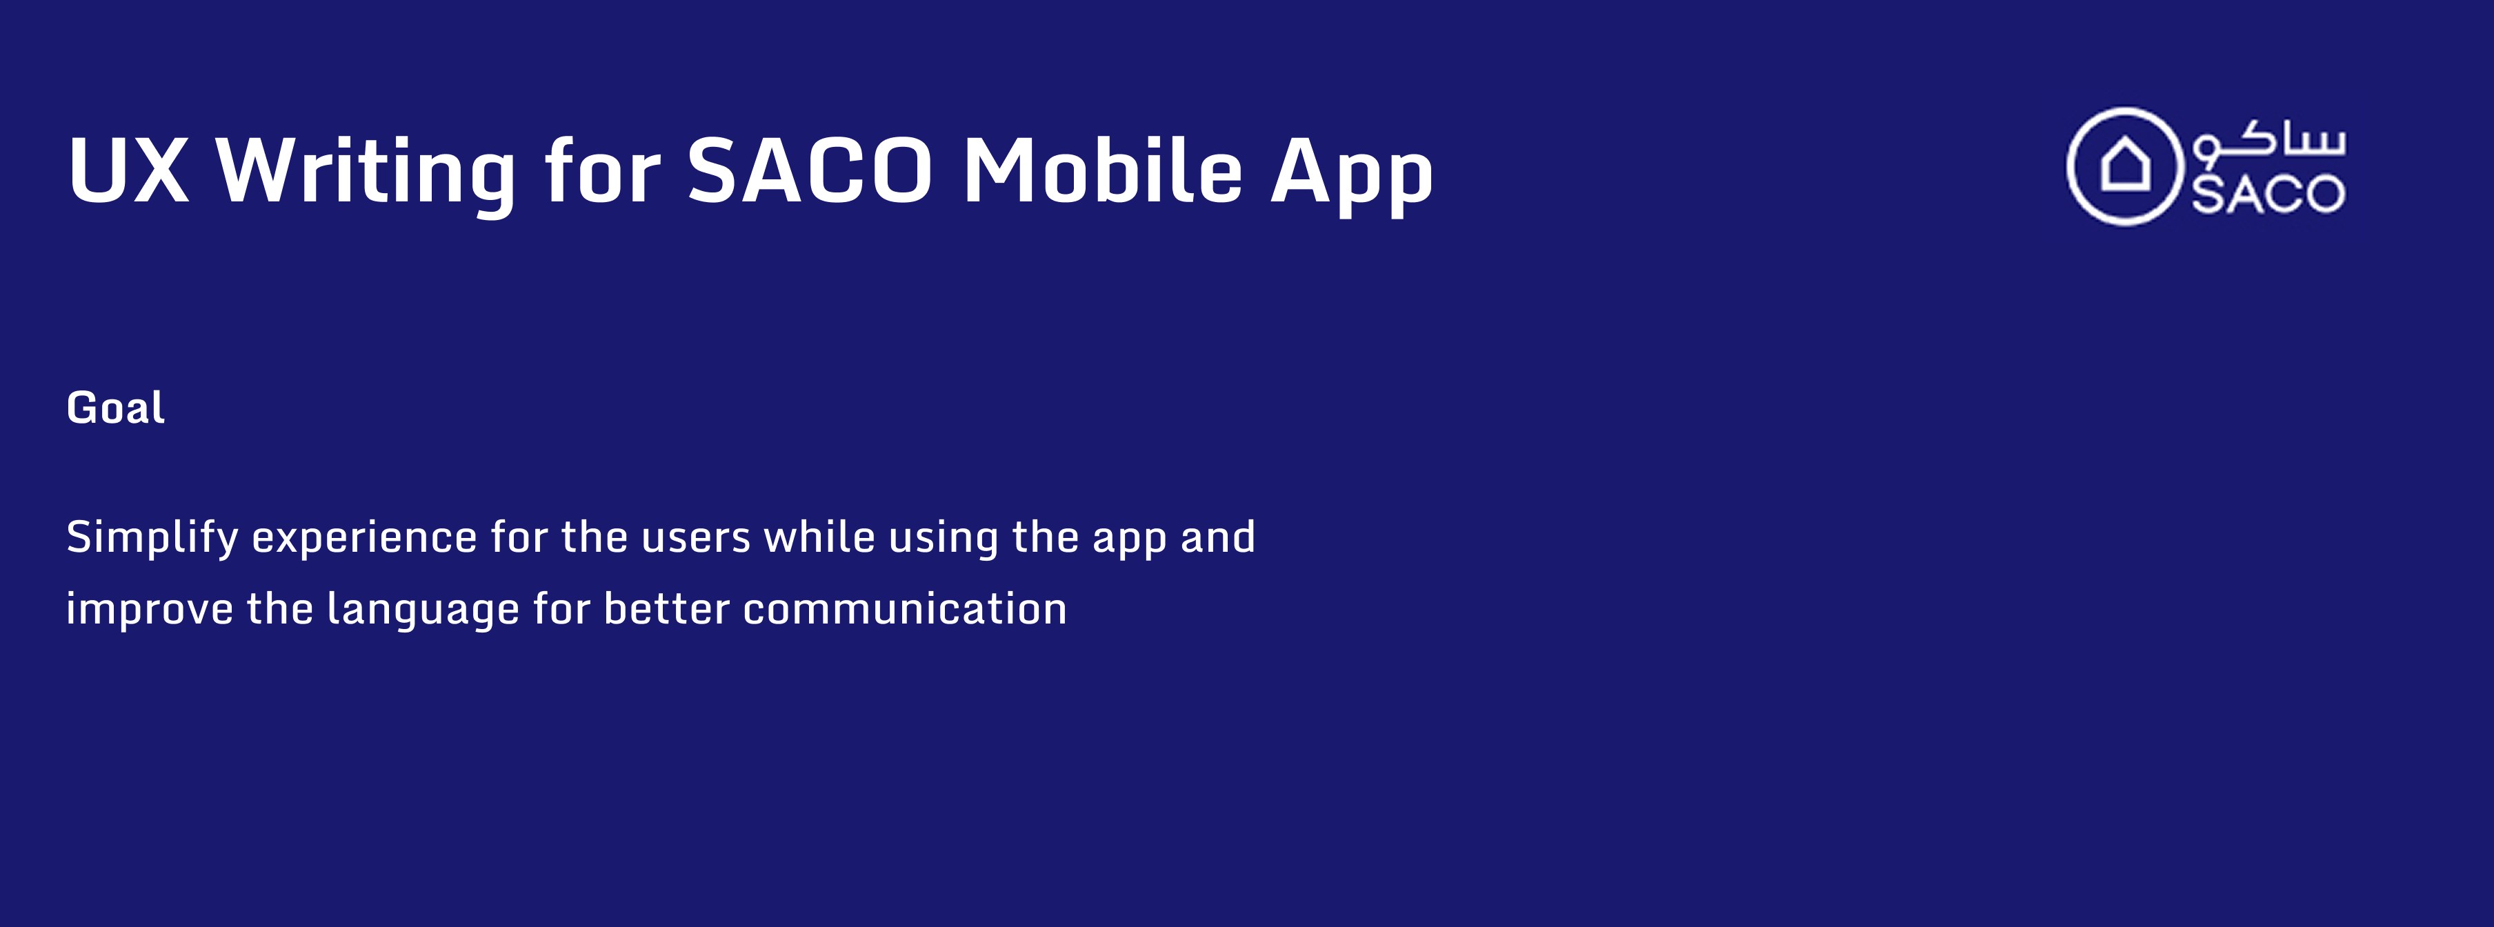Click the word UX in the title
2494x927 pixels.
pos(128,170)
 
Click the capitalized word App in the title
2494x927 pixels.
pos(1352,175)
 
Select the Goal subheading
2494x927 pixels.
pos(115,407)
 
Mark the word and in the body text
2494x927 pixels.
pos(1218,536)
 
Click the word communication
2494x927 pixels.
pos(905,608)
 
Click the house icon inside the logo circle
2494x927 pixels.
pos(2125,165)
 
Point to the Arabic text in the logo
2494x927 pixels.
pos(2268,141)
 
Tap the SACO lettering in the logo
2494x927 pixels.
pos(2268,195)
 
